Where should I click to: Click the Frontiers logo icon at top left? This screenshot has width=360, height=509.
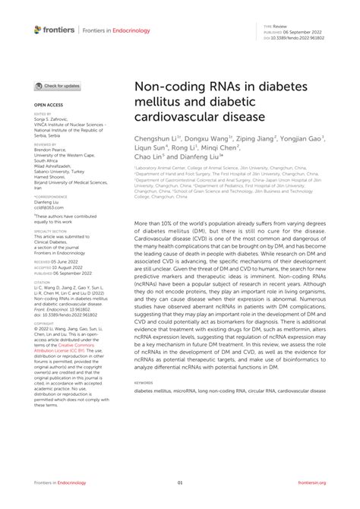pyautogui.click(x=39, y=30)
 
